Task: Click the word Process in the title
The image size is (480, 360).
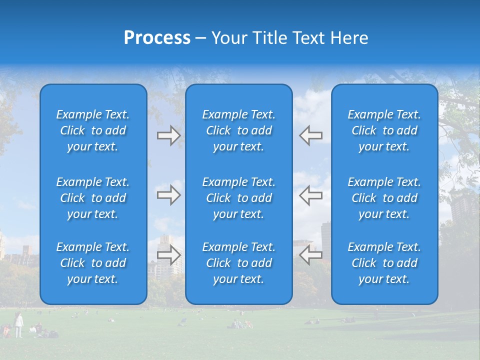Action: click(x=157, y=38)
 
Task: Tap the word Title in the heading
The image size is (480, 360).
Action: click(x=272, y=38)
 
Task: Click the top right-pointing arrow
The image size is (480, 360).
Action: click(x=169, y=135)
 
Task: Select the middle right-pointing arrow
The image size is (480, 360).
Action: click(x=169, y=195)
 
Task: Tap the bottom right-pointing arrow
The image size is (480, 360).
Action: click(x=169, y=255)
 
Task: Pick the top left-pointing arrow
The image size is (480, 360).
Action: click(x=310, y=135)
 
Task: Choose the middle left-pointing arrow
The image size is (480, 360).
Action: click(x=310, y=195)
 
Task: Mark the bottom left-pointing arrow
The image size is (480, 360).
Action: click(x=310, y=255)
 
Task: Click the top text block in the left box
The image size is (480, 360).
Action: click(x=93, y=130)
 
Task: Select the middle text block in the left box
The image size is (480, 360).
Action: click(x=93, y=198)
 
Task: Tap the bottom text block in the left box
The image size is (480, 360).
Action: click(x=93, y=263)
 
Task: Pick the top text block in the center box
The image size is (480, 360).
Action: click(x=239, y=130)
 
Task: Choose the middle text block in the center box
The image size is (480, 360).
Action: click(x=239, y=198)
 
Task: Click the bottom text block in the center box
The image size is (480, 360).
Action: click(x=239, y=263)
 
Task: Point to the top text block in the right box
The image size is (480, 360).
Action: click(x=384, y=130)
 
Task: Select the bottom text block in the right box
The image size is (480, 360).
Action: click(x=384, y=263)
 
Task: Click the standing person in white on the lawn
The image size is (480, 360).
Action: click(x=18, y=324)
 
